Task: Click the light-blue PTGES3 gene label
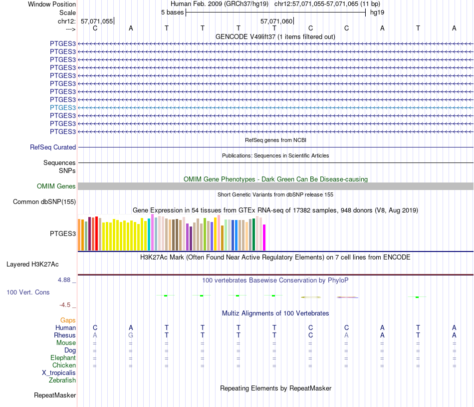pyautogui.click(x=63, y=107)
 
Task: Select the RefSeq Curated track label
pyautogui.click(x=53, y=147)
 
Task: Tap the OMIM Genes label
pyautogui.click(x=56, y=186)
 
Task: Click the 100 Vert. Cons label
pyautogui.click(x=28, y=292)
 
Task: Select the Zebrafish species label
pyautogui.click(x=62, y=380)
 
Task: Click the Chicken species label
pyautogui.click(x=64, y=365)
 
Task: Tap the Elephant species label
pyautogui.click(x=63, y=358)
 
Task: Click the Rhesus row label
pyautogui.click(x=65, y=335)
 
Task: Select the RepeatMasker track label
pyautogui.click(x=55, y=395)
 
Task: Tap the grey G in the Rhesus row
pyautogui.click(x=131, y=335)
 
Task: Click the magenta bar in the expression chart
pyautogui.click(x=264, y=237)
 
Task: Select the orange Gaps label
pyautogui.click(x=68, y=320)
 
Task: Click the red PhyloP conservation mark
pyautogui.click(x=347, y=297)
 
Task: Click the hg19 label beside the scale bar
pyautogui.click(x=377, y=12)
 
